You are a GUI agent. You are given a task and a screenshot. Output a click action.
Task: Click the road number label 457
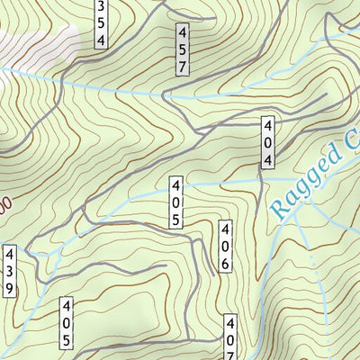coord(182,49)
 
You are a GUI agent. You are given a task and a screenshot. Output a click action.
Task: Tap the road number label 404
coord(268,141)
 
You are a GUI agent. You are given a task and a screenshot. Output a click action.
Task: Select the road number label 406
coord(225,246)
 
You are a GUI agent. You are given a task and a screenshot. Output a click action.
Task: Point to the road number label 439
coord(9,271)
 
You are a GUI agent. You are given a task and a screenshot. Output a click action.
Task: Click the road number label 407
coord(230,340)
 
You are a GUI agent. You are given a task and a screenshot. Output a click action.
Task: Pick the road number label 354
coord(101,22)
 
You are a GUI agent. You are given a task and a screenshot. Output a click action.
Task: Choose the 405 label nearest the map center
coord(174,202)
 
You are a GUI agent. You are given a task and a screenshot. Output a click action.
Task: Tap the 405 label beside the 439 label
coord(67,322)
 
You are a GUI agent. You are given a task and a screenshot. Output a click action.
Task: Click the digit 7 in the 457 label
coord(182,67)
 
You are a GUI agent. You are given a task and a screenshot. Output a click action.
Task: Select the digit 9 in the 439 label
coord(9,288)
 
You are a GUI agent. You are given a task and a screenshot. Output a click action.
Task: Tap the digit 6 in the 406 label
coord(225,263)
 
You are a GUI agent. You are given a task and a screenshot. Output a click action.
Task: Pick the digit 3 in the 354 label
coord(101,6)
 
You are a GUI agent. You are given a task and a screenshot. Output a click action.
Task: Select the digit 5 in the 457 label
coord(182,49)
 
